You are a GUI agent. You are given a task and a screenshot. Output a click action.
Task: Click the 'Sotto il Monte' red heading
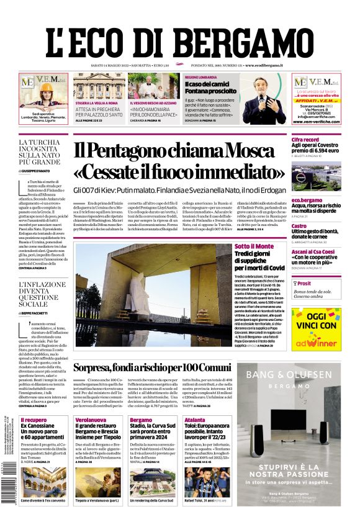click(254, 246)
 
